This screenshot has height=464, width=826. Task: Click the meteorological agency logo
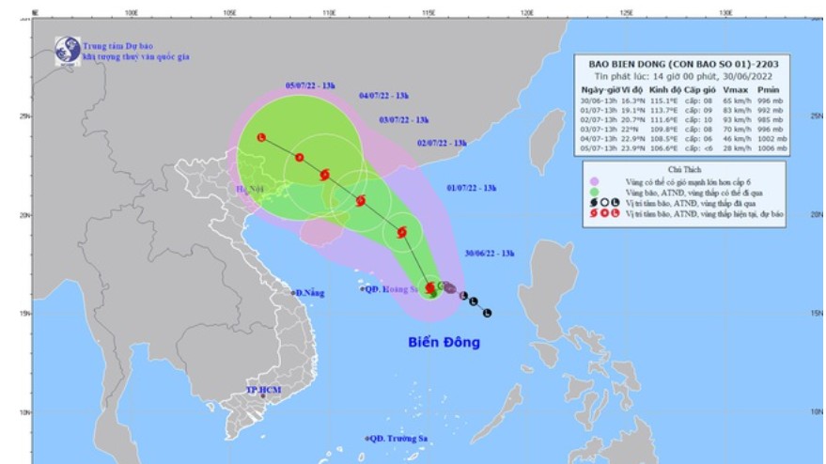(67, 50)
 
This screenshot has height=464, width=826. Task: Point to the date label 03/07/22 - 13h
(404, 120)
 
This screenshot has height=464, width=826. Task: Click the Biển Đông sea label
(444, 343)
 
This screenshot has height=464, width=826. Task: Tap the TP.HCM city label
(264, 389)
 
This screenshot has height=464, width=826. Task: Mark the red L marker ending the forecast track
(261, 138)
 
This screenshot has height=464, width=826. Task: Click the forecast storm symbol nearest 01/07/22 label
(401, 232)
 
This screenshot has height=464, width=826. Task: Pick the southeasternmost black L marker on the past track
(487, 312)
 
